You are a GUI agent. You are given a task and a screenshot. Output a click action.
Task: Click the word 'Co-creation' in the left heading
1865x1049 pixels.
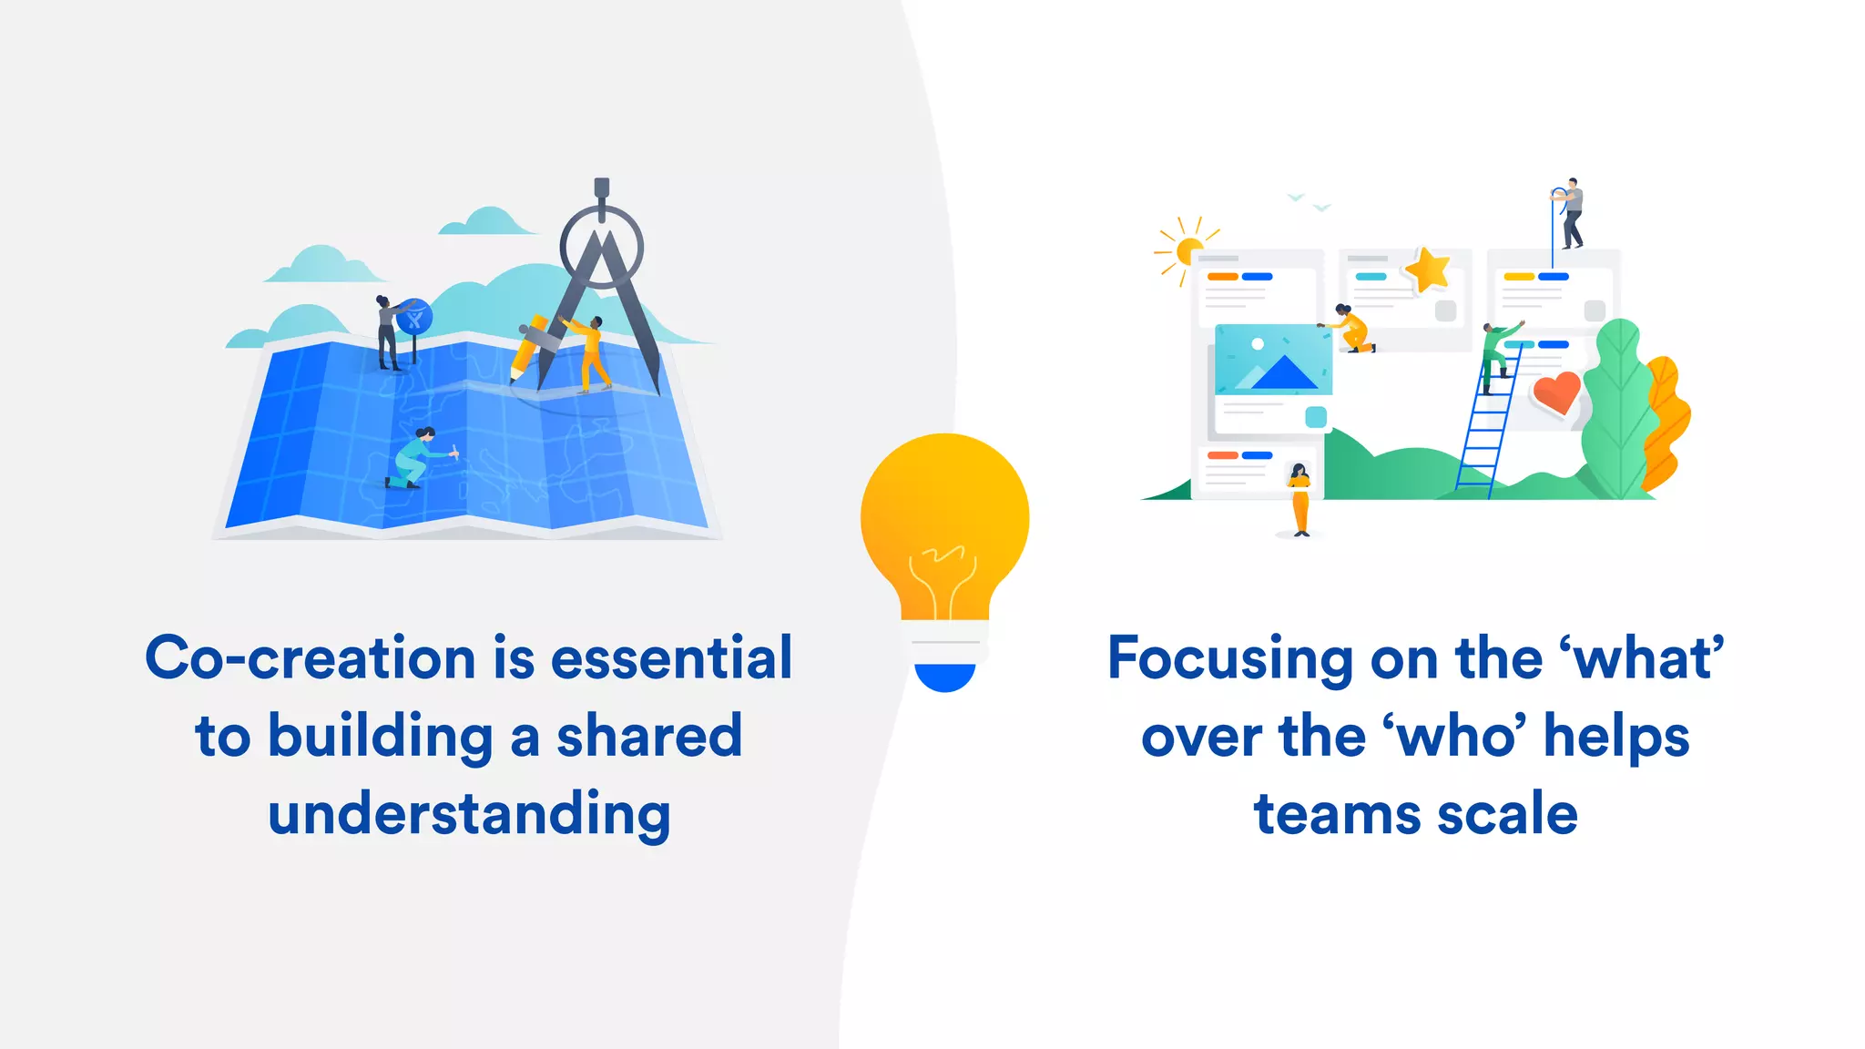310,658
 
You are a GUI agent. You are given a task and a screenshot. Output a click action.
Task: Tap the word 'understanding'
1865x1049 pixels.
469,814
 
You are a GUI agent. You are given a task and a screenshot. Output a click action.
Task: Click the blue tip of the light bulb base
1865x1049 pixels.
944,677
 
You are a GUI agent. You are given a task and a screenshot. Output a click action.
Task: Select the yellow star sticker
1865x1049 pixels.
1427,270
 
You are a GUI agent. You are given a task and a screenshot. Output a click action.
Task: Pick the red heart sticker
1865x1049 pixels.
1555,392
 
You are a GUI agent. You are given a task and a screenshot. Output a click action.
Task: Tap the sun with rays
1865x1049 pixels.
1187,250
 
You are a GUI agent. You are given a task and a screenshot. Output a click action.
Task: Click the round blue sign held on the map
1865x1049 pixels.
415,317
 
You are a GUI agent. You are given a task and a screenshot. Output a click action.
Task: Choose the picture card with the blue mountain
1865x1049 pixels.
1273,360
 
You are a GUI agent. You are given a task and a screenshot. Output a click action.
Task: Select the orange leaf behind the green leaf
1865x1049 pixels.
1666,423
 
